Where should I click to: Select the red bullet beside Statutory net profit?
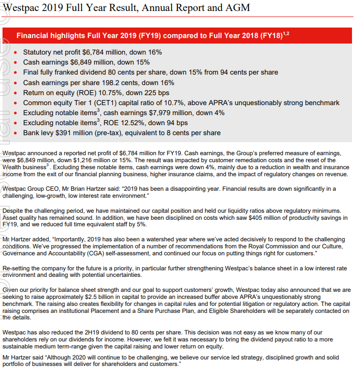pos(17,52)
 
